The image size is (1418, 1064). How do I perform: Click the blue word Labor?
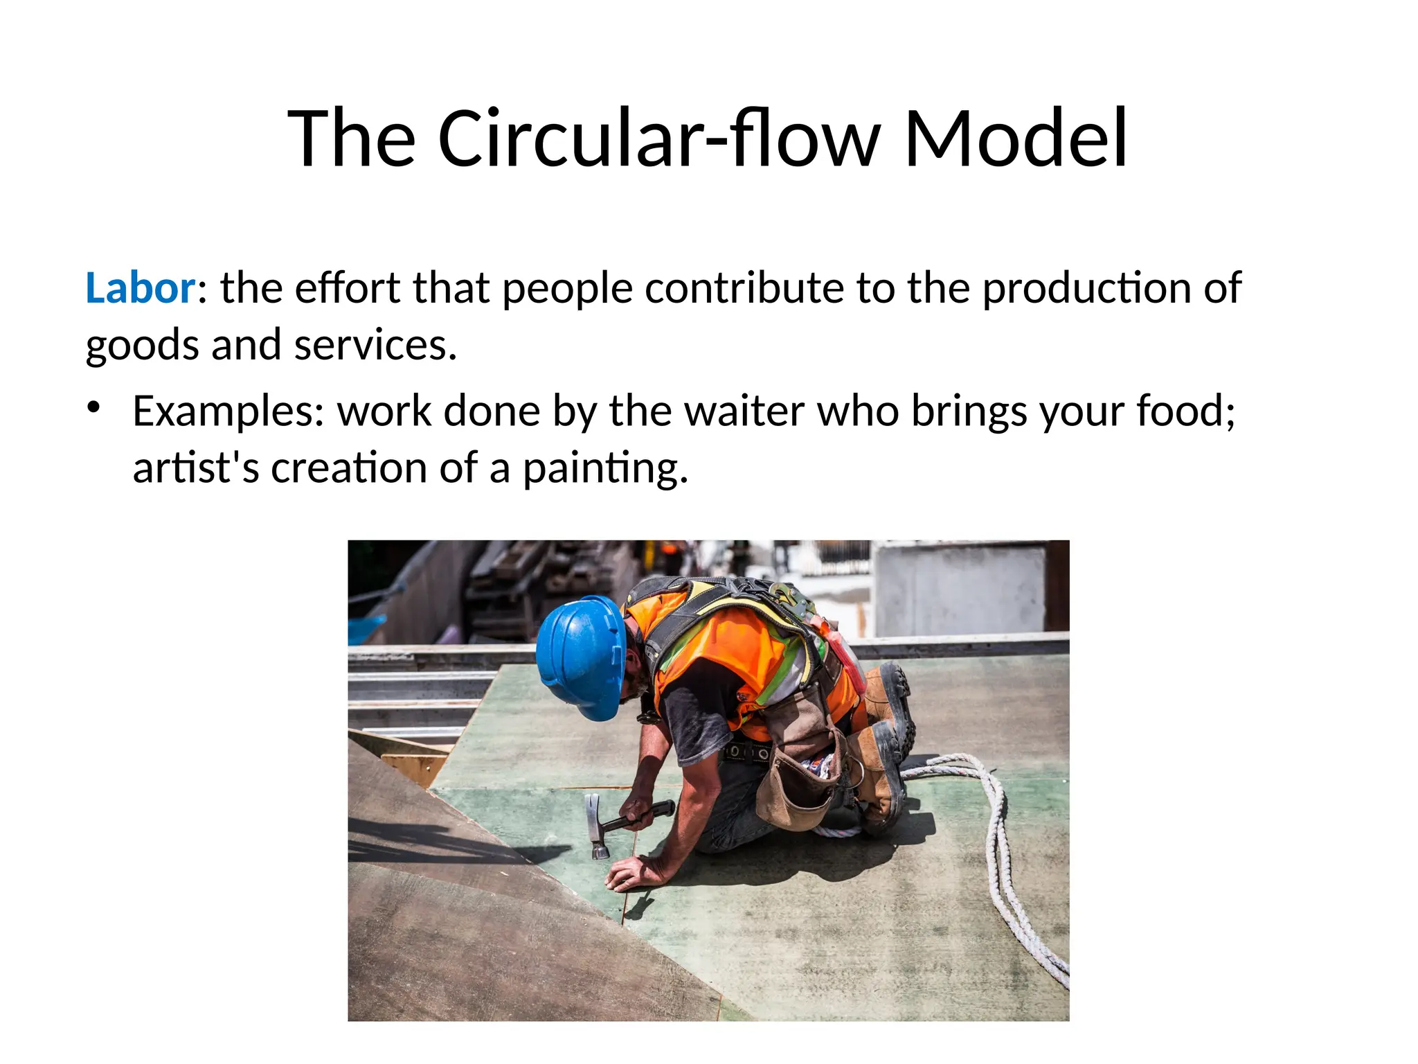141,287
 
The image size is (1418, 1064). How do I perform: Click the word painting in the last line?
605,469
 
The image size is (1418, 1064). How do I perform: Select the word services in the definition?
375,345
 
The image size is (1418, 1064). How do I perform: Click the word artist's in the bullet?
196,468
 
